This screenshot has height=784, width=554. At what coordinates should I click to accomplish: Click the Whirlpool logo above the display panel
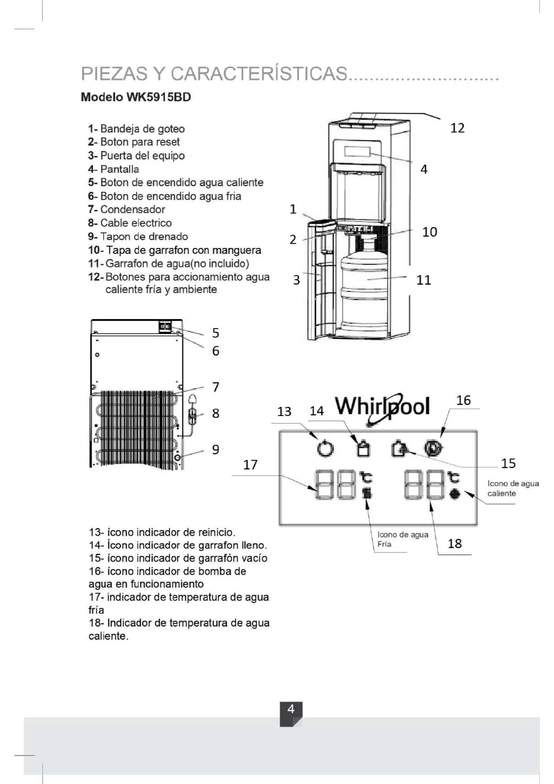coord(382,406)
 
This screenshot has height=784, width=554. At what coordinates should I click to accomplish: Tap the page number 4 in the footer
coord(291,709)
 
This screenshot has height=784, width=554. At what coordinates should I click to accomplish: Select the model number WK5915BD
coord(158,97)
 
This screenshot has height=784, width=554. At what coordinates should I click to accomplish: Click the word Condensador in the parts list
coord(133,210)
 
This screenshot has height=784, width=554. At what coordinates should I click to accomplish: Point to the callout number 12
coord(458,128)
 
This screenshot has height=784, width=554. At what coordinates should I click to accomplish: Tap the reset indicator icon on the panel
coord(325,448)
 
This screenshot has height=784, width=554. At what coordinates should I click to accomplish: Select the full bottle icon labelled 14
coord(363,448)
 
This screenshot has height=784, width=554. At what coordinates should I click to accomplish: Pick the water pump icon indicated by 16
coord(434,448)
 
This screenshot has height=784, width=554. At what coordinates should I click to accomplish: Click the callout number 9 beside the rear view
coord(216,449)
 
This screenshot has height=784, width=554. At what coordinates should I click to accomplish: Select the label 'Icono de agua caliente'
coord(513,488)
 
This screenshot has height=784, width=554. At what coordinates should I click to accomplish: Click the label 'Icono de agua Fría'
coord(403,539)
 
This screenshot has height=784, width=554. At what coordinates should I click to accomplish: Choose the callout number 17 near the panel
coord(250,465)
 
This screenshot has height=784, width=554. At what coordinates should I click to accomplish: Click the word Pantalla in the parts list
coord(119,169)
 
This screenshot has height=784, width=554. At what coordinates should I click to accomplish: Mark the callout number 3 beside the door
coord(296,280)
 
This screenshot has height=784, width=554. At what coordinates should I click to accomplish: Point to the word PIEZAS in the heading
coord(114,73)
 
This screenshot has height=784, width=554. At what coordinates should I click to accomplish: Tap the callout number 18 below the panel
coord(455,543)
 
